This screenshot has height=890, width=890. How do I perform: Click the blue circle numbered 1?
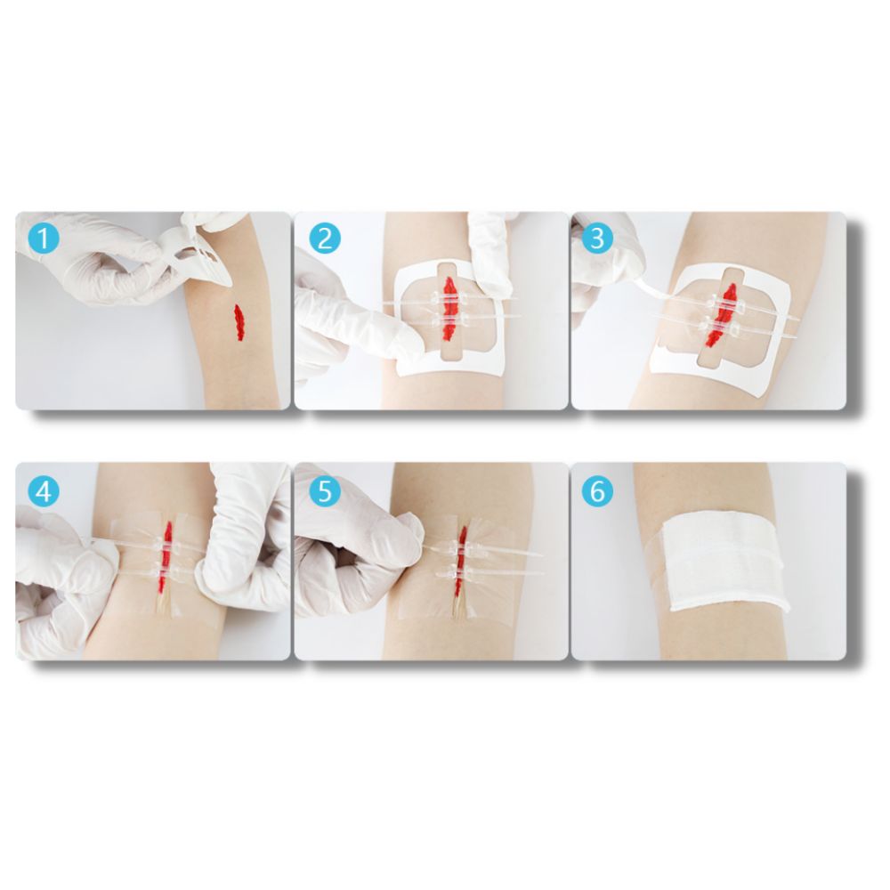point(43,239)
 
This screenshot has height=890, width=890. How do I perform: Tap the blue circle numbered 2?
point(325,239)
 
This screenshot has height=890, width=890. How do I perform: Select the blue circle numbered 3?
point(597,239)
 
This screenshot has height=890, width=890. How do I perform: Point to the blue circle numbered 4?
point(43,490)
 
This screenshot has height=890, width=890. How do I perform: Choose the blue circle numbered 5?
point(325,490)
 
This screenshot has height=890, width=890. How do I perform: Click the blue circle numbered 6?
point(597,490)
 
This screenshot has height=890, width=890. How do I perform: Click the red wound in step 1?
point(239,323)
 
